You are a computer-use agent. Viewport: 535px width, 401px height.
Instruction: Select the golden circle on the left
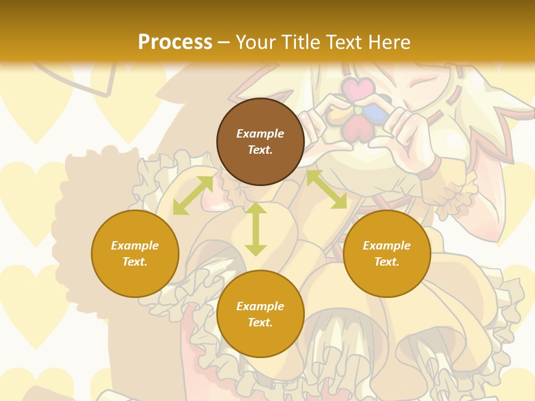point(135,253)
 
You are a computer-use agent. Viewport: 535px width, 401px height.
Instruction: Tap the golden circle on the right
point(387,253)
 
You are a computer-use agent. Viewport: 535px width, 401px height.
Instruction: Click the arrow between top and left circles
point(193,195)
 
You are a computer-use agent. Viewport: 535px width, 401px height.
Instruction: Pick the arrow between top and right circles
point(327,189)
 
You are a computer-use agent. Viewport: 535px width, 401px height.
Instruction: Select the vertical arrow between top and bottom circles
point(256,229)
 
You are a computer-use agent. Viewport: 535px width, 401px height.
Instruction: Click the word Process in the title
point(175,42)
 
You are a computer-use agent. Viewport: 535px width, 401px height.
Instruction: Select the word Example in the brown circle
point(260,134)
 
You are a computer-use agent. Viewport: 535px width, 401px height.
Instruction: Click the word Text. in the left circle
point(135,262)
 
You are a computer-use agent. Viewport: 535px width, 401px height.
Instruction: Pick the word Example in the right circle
point(387,246)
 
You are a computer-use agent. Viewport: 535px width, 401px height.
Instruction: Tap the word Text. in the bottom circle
point(260,322)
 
